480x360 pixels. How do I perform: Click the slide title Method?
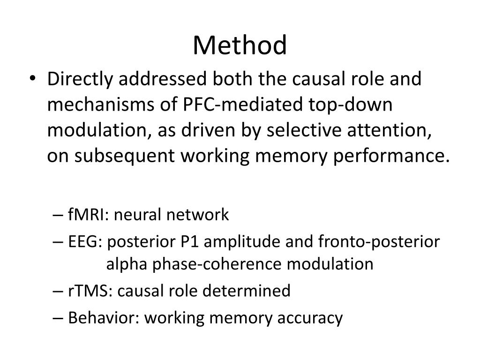[240, 45]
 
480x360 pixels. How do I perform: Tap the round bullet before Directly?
[32, 78]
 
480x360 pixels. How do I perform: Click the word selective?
[304, 130]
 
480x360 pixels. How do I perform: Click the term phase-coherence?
[217, 265]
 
